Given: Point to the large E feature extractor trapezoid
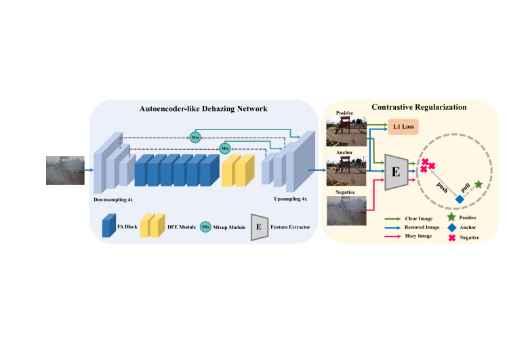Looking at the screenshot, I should coord(396,171).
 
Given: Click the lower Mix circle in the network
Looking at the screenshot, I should coord(224,148).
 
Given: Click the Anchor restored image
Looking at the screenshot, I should coord(346,170).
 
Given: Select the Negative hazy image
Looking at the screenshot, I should coord(346,210).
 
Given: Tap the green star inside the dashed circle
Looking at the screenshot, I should coord(479,184).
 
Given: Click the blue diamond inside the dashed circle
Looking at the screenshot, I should coord(460,199).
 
